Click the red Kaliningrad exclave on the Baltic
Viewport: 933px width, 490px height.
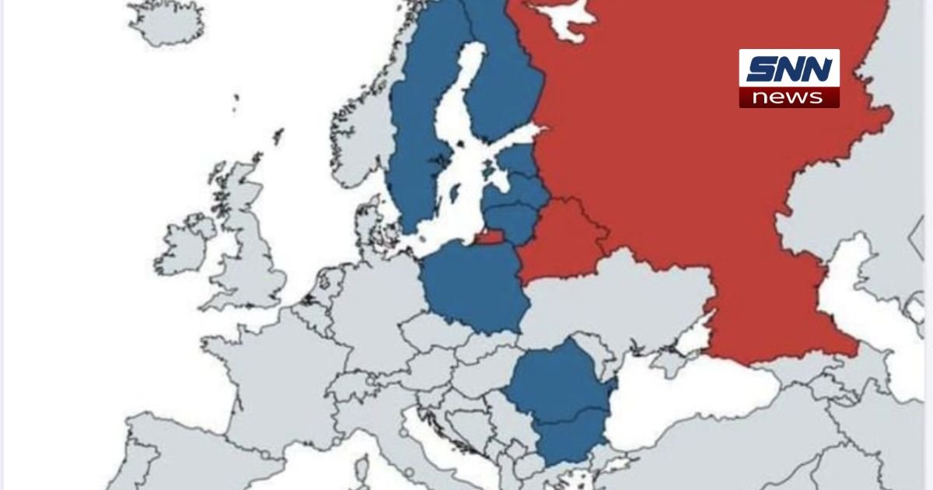click(488, 238)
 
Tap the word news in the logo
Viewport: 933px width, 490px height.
click(788, 97)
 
